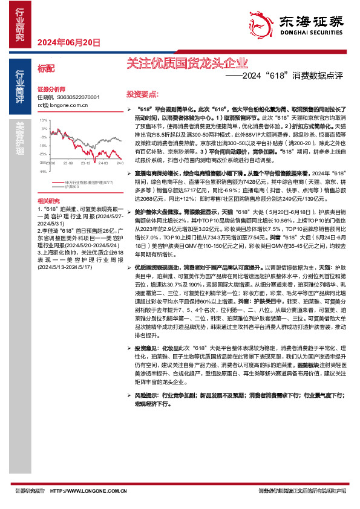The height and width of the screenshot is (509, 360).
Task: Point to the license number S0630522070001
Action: [78, 97]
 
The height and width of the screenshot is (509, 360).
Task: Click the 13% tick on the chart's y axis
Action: [44, 121]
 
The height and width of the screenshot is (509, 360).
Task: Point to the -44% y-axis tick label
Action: [43, 171]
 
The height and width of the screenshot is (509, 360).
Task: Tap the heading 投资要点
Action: [142, 94]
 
